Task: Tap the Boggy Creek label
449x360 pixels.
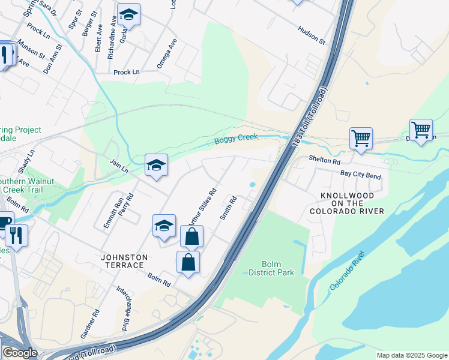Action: (236, 139)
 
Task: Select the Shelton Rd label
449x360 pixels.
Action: (324, 161)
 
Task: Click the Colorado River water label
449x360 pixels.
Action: (347, 275)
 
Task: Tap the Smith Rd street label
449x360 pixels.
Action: (229, 208)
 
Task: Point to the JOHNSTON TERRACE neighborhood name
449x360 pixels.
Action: (122, 260)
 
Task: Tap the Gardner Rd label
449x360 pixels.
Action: (96, 323)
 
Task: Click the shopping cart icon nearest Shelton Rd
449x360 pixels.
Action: (361, 138)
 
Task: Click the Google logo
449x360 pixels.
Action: (20, 353)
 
